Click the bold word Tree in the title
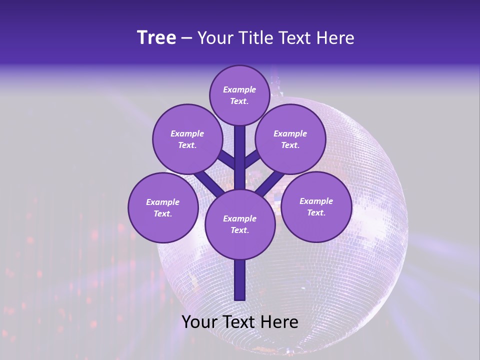pos(156,38)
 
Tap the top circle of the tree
pos(239,95)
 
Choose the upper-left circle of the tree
pos(187,139)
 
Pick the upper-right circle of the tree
pos(290,139)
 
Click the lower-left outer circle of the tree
pos(162,207)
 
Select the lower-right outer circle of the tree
pos(316,206)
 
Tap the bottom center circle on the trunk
pos(239,224)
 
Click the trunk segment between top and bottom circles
pos(239,157)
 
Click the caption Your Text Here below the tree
pos(239,322)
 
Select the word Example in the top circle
pos(239,90)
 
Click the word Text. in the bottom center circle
pos(239,230)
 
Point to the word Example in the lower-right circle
pos(316,201)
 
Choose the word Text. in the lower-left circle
pos(162,214)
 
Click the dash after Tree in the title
pos(186,38)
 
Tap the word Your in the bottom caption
pos(198,322)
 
